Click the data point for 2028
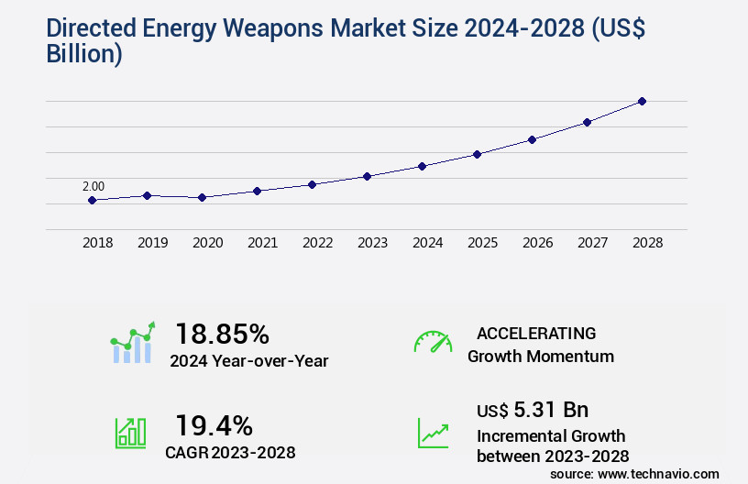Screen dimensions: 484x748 pyautogui.click(x=642, y=101)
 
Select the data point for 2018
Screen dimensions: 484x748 pyautogui.click(x=92, y=200)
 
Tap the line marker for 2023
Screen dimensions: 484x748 pyautogui.click(x=367, y=176)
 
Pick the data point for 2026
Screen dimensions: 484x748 pyautogui.click(x=532, y=139)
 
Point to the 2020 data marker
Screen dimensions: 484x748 pyautogui.click(x=202, y=197)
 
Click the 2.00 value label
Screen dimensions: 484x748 pyautogui.click(x=93, y=186)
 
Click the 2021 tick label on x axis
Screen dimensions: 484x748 pyautogui.click(x=262, y=243)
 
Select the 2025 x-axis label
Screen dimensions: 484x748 pyautogui.click(x=482, y=243)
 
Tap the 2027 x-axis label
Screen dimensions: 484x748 pyautogui.click(x=592, y=243)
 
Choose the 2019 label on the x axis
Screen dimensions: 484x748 pyautogui.click(x=152, y=243)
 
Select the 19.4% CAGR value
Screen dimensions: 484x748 pyautogui.click(x=214, y=425)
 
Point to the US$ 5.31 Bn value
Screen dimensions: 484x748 pyautogui.click(x=533, y=410)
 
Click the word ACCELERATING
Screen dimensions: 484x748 pyautogui.click(x=536, y=333)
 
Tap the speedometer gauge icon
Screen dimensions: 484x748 pyautogui.click(x=433, y=342)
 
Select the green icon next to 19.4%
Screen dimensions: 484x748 pyautogui.click(x=130, y=433)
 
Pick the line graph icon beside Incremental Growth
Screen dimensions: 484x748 pyautogui.click(x=433, y=433)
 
